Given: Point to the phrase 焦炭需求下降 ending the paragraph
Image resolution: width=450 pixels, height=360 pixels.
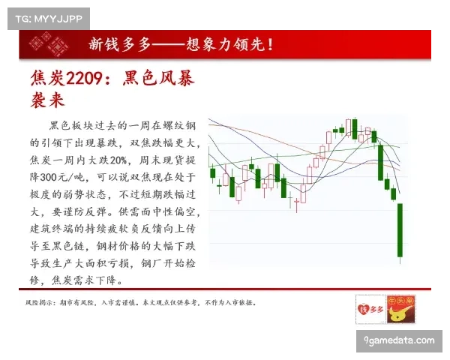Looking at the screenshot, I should coord(87,280).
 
